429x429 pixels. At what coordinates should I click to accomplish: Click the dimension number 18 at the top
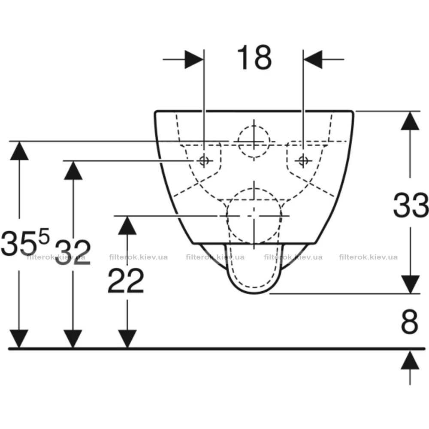point(254,58)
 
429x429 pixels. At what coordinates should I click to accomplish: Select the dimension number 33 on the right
point(411,205)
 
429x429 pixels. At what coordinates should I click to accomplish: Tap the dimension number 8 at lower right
point(410,321)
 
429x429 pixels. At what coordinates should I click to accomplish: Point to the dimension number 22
point(126,281)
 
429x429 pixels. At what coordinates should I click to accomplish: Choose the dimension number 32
point(73,252)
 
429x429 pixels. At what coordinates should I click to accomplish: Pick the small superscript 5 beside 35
point(44,236)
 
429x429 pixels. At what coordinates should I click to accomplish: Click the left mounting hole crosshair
point(204,161)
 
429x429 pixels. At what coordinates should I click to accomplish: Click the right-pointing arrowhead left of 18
point(194,59)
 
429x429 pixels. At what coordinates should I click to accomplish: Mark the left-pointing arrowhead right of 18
point(313,59)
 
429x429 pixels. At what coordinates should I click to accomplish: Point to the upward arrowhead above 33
point(410,121)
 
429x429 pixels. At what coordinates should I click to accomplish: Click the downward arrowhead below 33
point(410,284)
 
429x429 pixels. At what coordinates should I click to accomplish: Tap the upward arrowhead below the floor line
point(410,360)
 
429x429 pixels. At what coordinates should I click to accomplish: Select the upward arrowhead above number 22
point(127,225)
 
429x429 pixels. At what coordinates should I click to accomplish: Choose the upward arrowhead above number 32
point(73,170)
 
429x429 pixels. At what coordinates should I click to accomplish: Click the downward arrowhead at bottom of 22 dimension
point(127,339)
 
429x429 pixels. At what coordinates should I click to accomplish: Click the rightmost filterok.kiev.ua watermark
point(368,257)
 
